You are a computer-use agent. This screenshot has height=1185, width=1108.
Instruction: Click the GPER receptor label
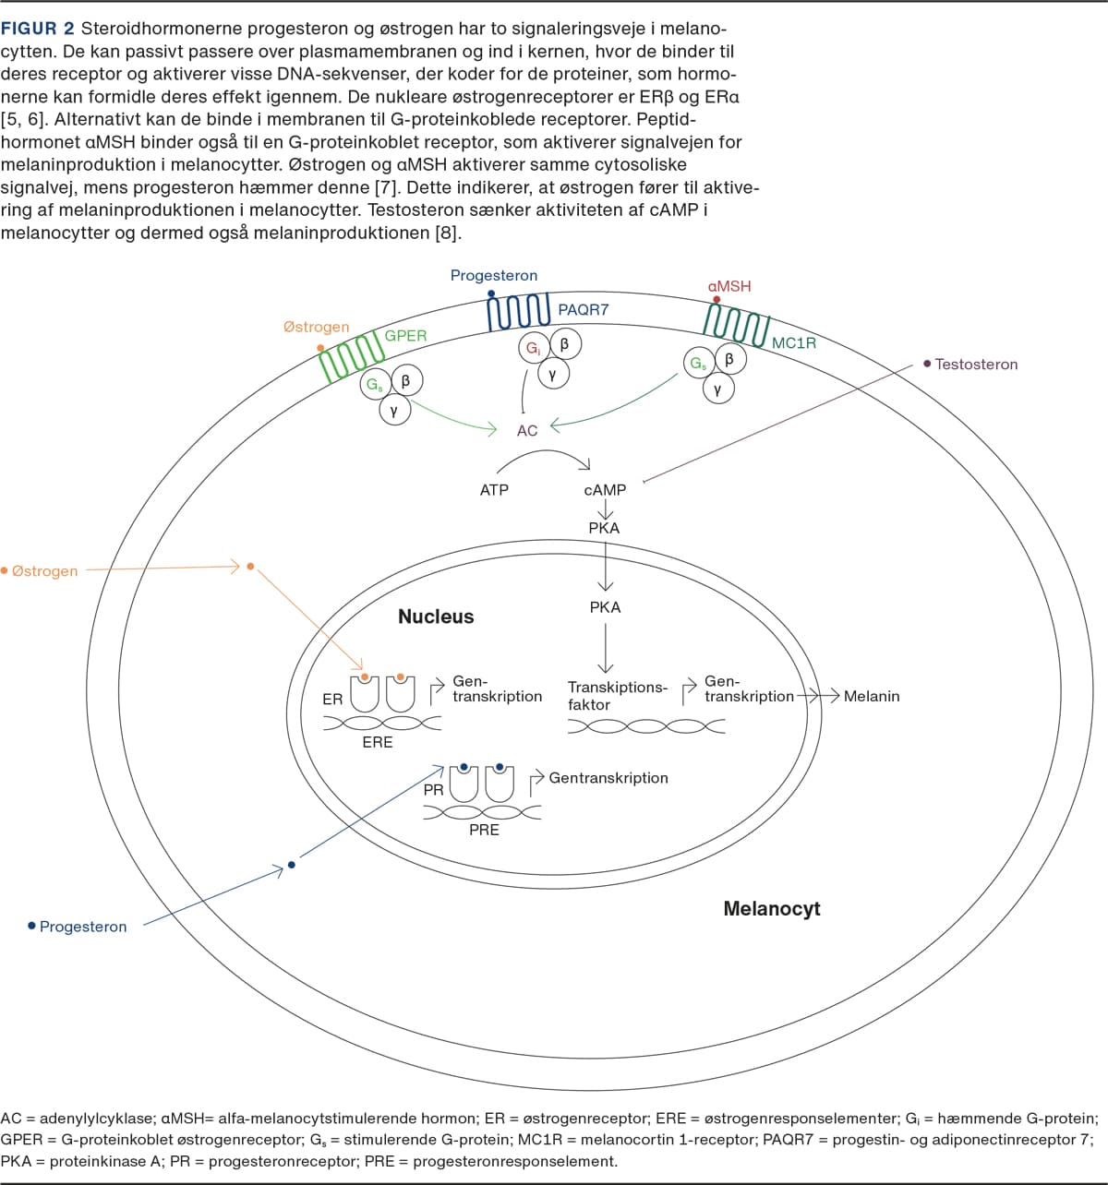point(405,336)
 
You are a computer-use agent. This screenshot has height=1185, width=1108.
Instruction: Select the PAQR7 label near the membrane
point(583,310)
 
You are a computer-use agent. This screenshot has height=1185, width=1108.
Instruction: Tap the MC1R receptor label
point(794,343)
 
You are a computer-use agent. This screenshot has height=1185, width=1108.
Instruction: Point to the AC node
point(527,431)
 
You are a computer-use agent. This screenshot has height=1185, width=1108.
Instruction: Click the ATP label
point(494,490)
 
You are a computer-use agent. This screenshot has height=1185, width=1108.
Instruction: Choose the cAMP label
point(605,490)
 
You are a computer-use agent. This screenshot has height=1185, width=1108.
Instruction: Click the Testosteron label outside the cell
point(976,365)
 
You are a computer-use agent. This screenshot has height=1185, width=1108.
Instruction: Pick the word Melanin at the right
point(872,697)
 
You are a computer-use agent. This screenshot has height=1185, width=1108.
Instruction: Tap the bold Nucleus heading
point(436,616)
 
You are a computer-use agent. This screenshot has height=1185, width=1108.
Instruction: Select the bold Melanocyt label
point(772,909)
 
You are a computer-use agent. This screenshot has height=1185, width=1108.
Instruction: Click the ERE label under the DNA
point(378,742)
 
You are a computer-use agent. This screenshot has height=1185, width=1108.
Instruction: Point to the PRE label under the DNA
point(484,830)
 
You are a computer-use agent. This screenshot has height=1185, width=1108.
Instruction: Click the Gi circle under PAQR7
point(533,349)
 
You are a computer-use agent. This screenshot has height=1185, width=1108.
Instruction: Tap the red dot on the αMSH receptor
point(717,300)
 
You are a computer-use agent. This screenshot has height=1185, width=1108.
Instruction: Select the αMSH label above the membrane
point(729,286)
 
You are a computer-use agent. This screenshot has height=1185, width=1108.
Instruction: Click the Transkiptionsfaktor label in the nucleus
point(617,696)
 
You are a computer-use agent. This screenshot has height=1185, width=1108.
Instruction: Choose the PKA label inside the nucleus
point(606,607)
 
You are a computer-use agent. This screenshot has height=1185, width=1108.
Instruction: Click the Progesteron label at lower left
point(83,927)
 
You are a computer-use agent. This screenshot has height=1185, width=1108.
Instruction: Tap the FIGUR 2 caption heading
point(38,29)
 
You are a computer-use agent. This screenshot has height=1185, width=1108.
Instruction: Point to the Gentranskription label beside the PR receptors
point(608,778)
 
